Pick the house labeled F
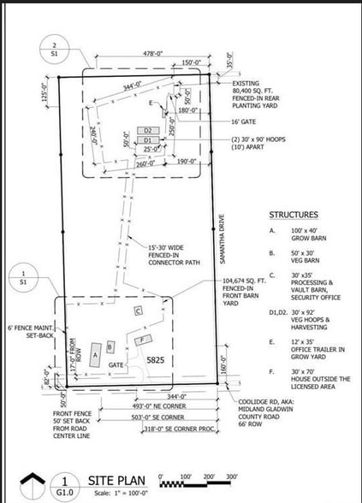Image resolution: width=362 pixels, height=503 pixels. coord(142,340)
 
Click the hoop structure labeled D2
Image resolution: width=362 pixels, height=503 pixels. coord(146,131)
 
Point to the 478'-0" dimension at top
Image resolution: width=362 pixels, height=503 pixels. coord(153,53)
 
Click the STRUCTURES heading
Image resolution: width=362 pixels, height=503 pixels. coord(295,215)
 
